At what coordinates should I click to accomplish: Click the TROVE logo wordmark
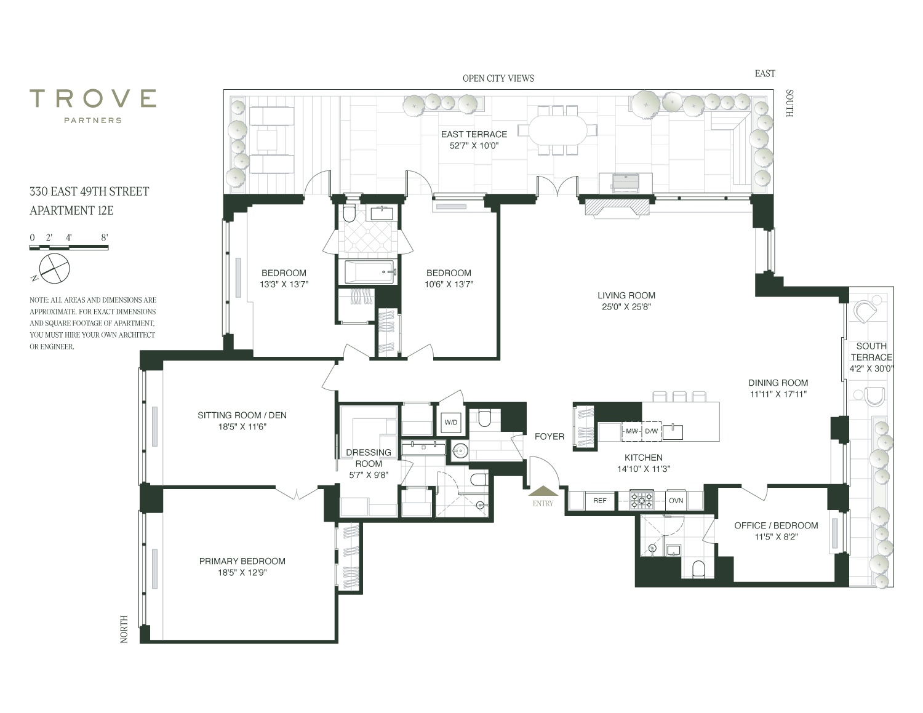pyautogui.click(x=92, y=98)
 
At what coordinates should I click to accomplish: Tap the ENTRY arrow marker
pyautogui.click(x=543, y=491)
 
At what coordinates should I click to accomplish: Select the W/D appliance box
pyautogui.click(x=450, y=423)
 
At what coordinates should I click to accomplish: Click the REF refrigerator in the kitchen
pyautogui.click(x=600, y=501)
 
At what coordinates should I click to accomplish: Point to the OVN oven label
pyautogui.click(x=676, y=501)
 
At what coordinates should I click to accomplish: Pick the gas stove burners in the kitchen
pyautogui.click(x=641, y=500)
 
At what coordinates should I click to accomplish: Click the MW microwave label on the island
pyautogui.click(x=631, y=431)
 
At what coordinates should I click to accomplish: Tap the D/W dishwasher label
pyautogui.click(x=651, y=431)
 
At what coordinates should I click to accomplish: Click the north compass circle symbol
pyautogui.click(x=54, y=268)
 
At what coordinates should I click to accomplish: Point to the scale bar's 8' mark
pyautogui.click(x=105, y=237)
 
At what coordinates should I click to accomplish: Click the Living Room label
pyautogui.click(x=626, y=295)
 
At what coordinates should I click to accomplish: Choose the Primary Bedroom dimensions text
pyautogui.click(x=242, y=573)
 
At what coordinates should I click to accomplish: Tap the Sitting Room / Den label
pyautogui.click(x=242, y=415)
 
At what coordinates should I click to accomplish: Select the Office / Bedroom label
pyautogui.click(x=776, y=525)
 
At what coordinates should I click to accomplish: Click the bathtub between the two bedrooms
pyautogui.click(x=370, y=272)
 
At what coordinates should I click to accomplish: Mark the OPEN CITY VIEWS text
pyautogui.click(x=498, y=78)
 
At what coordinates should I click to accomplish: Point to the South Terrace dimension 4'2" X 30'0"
pyautogui.click(x=871, y=368)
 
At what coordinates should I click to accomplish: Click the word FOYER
pyautogui.click(x=549, y=436)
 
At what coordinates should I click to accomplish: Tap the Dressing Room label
pyautogui.click(x=368, y=458)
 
